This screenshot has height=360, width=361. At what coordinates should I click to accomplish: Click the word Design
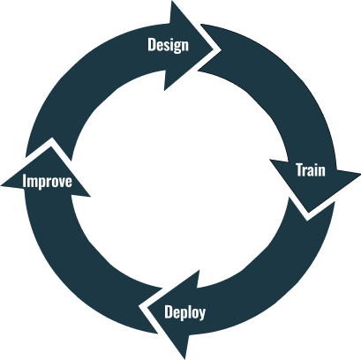[x=168, y=44]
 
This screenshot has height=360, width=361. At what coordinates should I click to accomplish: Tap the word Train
[x=310, y=170]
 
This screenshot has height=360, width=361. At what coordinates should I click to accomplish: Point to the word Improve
[x=47, y=183]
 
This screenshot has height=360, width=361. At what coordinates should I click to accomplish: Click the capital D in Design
[x=152, y=44]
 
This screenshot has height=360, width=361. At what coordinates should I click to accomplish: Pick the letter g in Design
[x=176, y=46]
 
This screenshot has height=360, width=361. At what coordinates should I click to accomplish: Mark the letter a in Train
[x=312, y=171]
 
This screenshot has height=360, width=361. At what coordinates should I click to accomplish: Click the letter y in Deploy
[x=202, y=313]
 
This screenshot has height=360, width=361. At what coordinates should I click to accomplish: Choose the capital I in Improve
[x=25, y=183]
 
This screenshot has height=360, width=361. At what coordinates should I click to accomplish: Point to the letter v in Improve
[x=60, y=184]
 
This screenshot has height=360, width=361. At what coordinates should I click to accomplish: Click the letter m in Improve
[x=33, y=184]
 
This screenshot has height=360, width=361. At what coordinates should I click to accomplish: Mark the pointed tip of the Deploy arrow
[x=141, y=306]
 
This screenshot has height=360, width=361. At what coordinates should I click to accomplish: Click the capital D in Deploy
[x=169, y=311]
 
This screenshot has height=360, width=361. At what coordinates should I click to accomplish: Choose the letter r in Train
[x=306, y=171]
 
